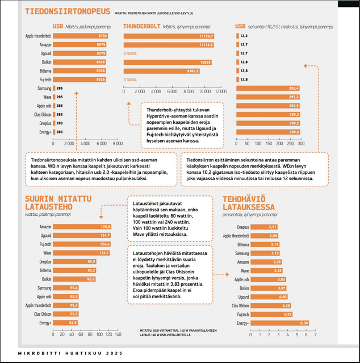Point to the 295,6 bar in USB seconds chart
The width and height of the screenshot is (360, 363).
click(267, 132)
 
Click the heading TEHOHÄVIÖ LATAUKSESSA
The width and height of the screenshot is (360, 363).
click(249, 203)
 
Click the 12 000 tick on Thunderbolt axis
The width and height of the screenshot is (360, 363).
click(219, 91)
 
